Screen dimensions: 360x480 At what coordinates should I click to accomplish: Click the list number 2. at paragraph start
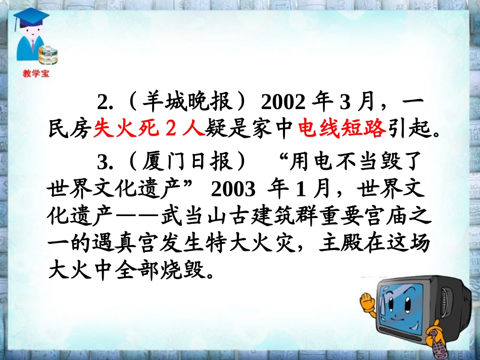pyautogui.click(x=105, y=103)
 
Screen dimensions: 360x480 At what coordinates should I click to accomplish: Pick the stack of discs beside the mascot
pyautogui.click(x=49, y=55)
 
